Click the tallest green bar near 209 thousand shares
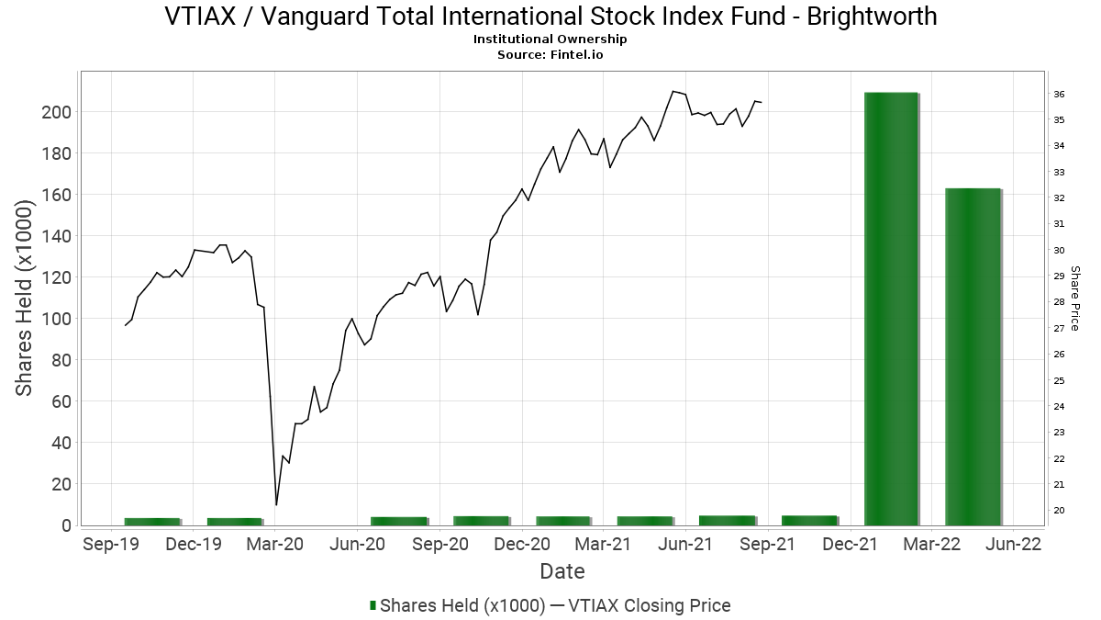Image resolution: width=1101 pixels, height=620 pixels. coord(891,309)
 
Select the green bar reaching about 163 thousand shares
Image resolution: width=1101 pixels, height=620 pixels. coord(973,356)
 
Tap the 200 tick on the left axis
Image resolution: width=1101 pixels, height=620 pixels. coord(57,112)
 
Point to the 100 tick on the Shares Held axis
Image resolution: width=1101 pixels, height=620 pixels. coord(57,319)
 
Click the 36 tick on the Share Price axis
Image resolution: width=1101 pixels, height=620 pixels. coord(1059,94)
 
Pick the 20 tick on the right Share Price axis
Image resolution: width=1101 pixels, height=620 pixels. coord(1059,511)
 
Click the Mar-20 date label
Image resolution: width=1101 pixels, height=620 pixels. coord(275,544)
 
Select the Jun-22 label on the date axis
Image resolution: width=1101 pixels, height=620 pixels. coord(1014,544)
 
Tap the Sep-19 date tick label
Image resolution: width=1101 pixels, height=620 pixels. coord(111,544)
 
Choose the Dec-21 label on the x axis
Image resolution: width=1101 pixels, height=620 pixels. coord(850,544)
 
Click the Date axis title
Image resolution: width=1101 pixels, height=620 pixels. coord(562,571)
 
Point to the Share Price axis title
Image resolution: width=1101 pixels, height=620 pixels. coord(1075,299)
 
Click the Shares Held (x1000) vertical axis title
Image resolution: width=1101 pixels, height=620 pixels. coord(24,299)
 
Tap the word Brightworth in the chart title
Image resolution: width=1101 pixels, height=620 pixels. coord(872,17)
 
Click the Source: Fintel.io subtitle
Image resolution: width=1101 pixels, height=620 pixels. coord(550,54)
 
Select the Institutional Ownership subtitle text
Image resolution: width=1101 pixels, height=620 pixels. coord(550,39)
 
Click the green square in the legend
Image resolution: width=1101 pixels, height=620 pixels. coord(373,605)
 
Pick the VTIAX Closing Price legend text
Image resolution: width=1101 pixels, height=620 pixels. coord(650,605)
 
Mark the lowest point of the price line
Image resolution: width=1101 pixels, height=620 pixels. coord(276,505)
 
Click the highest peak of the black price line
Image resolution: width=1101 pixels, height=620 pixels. coord(673,91)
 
